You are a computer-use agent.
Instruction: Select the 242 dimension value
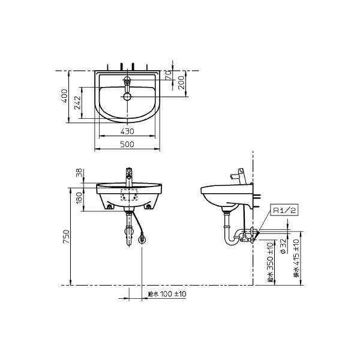[78, 103]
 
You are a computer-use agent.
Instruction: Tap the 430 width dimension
[127, 131]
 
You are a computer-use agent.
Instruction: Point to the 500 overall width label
[127, 145]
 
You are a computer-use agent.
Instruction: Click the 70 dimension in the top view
[168, 75]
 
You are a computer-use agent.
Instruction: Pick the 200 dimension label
[181, 83]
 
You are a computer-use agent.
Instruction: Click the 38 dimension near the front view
[79, 173]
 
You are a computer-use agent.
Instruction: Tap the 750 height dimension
[66, 237]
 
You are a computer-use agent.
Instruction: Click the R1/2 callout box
[284, 210]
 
